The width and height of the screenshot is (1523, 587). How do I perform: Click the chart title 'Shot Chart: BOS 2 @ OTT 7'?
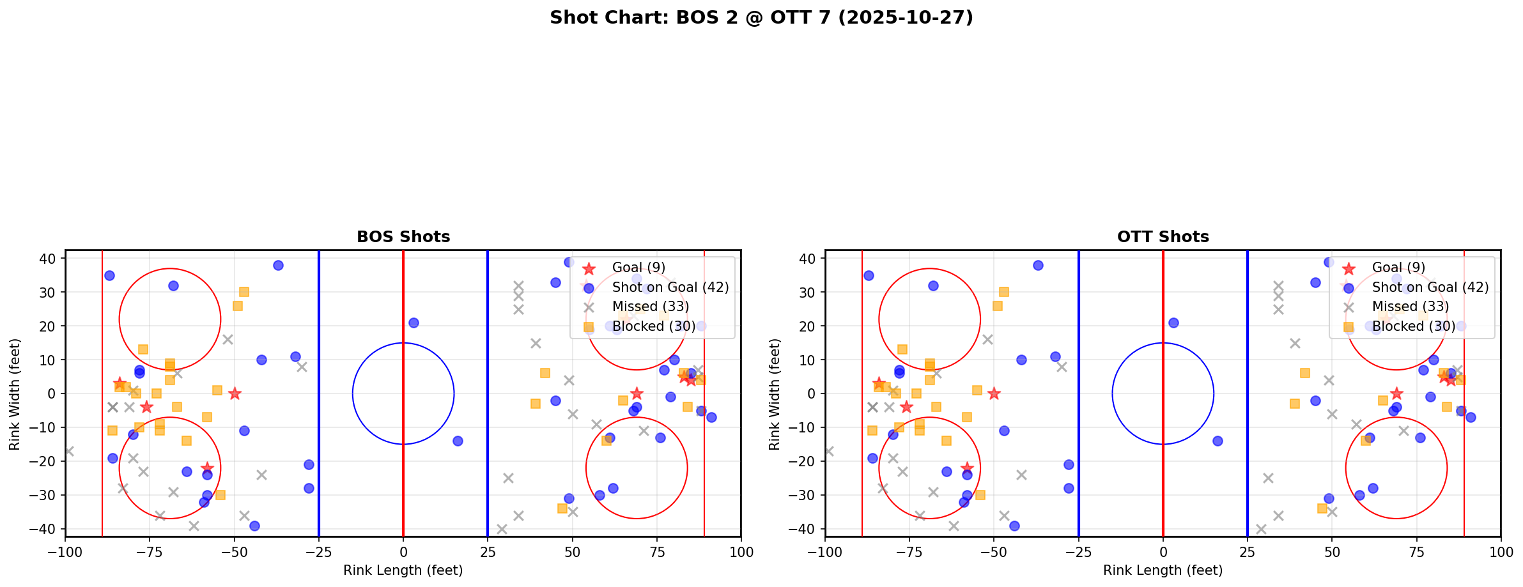tap(761, 17)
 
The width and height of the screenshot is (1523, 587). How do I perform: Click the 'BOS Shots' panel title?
tap(403, 237)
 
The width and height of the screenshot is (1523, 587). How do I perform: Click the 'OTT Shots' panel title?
tap(1163, 237)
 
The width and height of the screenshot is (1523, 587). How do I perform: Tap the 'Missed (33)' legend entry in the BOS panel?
tap(650, 307)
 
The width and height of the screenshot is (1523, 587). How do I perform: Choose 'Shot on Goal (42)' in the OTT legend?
tap(1430, 287)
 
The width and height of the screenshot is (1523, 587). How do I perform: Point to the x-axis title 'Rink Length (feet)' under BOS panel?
tap(403, 570)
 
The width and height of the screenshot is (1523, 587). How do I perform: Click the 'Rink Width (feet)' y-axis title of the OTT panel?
tap(775, 394)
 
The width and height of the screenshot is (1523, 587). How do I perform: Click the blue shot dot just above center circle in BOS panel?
tap(414, 323)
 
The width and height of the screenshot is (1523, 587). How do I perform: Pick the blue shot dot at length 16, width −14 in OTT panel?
tap(1218, 441)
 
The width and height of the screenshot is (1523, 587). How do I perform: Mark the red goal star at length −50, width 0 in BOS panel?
tap(235, 393)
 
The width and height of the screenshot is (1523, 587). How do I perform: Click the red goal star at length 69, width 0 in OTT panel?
tap(1396, 393)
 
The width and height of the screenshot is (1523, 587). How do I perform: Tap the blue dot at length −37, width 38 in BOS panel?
tap(278, 265)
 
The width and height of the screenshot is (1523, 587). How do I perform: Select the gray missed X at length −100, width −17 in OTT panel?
tap(829, 451)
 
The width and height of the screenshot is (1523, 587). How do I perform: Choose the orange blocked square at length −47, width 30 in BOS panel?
tap(244, 292)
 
